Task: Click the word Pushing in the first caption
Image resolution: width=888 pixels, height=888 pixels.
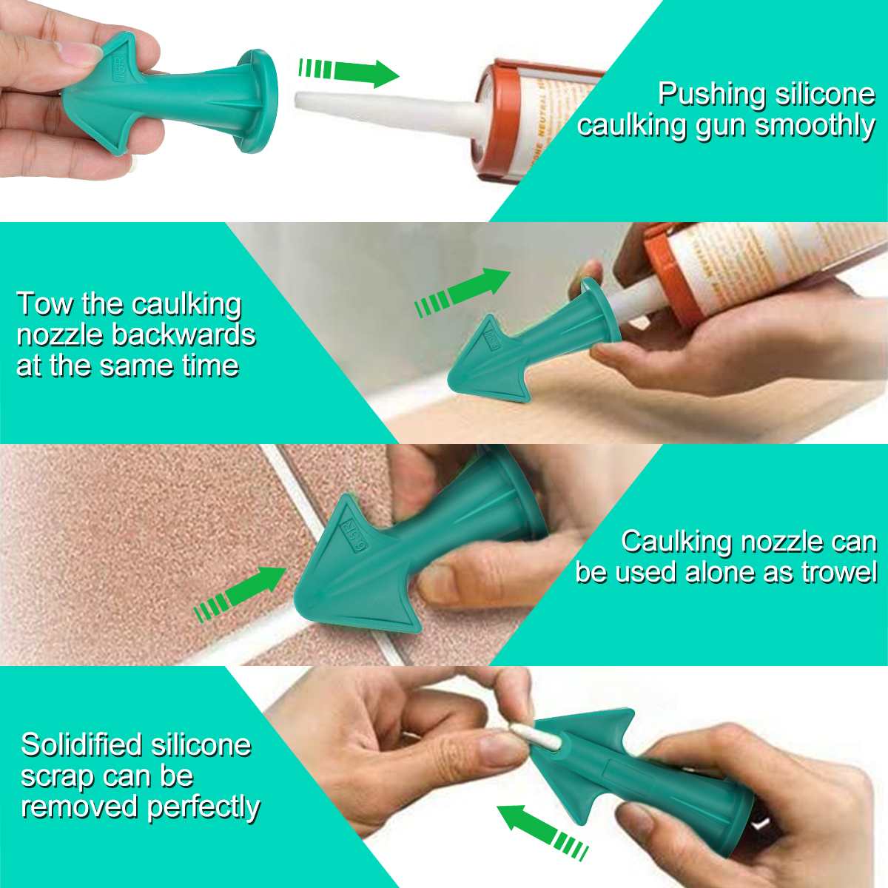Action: click(712, 95)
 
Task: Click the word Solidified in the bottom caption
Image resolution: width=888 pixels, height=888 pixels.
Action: click(81, 744)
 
